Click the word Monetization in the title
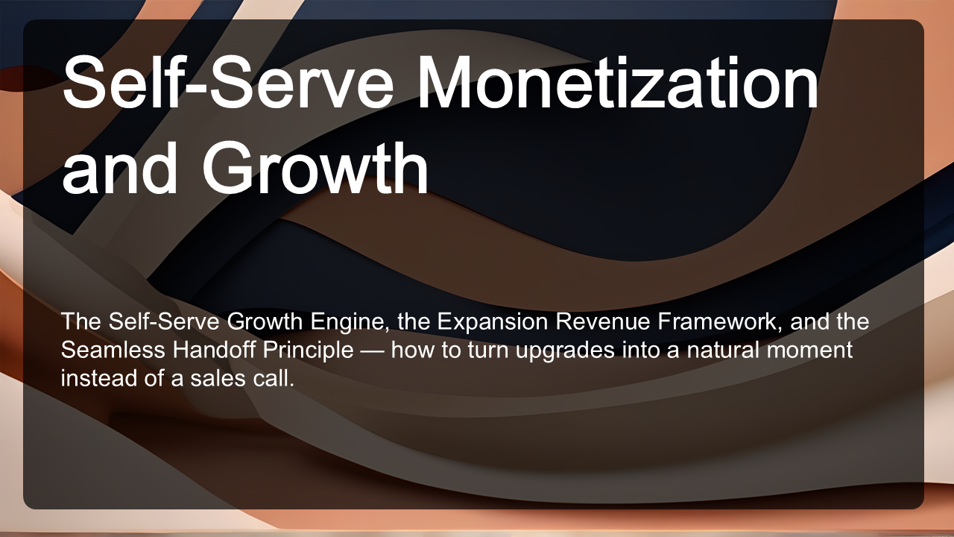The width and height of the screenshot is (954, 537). pos(618,82)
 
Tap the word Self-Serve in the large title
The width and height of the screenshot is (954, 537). pos(228,82)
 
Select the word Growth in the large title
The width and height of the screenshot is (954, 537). pos(315,168)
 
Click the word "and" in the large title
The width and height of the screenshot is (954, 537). pos(120,168)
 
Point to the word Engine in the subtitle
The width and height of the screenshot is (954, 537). pos(350,321)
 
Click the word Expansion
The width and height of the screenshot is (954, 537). pos(493,321)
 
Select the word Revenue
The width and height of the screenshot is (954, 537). pos(603,321)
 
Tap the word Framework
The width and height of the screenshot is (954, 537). pos(720,321)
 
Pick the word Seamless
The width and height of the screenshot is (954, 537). pos(113,350)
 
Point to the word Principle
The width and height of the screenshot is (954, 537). pos(308,351)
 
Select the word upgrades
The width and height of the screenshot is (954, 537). pos(565,351)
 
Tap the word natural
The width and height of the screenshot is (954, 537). pos(723,350)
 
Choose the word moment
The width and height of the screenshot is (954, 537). pos(809,351)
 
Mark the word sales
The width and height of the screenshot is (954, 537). pos(218,378)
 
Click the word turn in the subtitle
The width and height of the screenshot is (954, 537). pos(488,351)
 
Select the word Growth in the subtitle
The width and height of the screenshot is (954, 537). pos(264,321)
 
